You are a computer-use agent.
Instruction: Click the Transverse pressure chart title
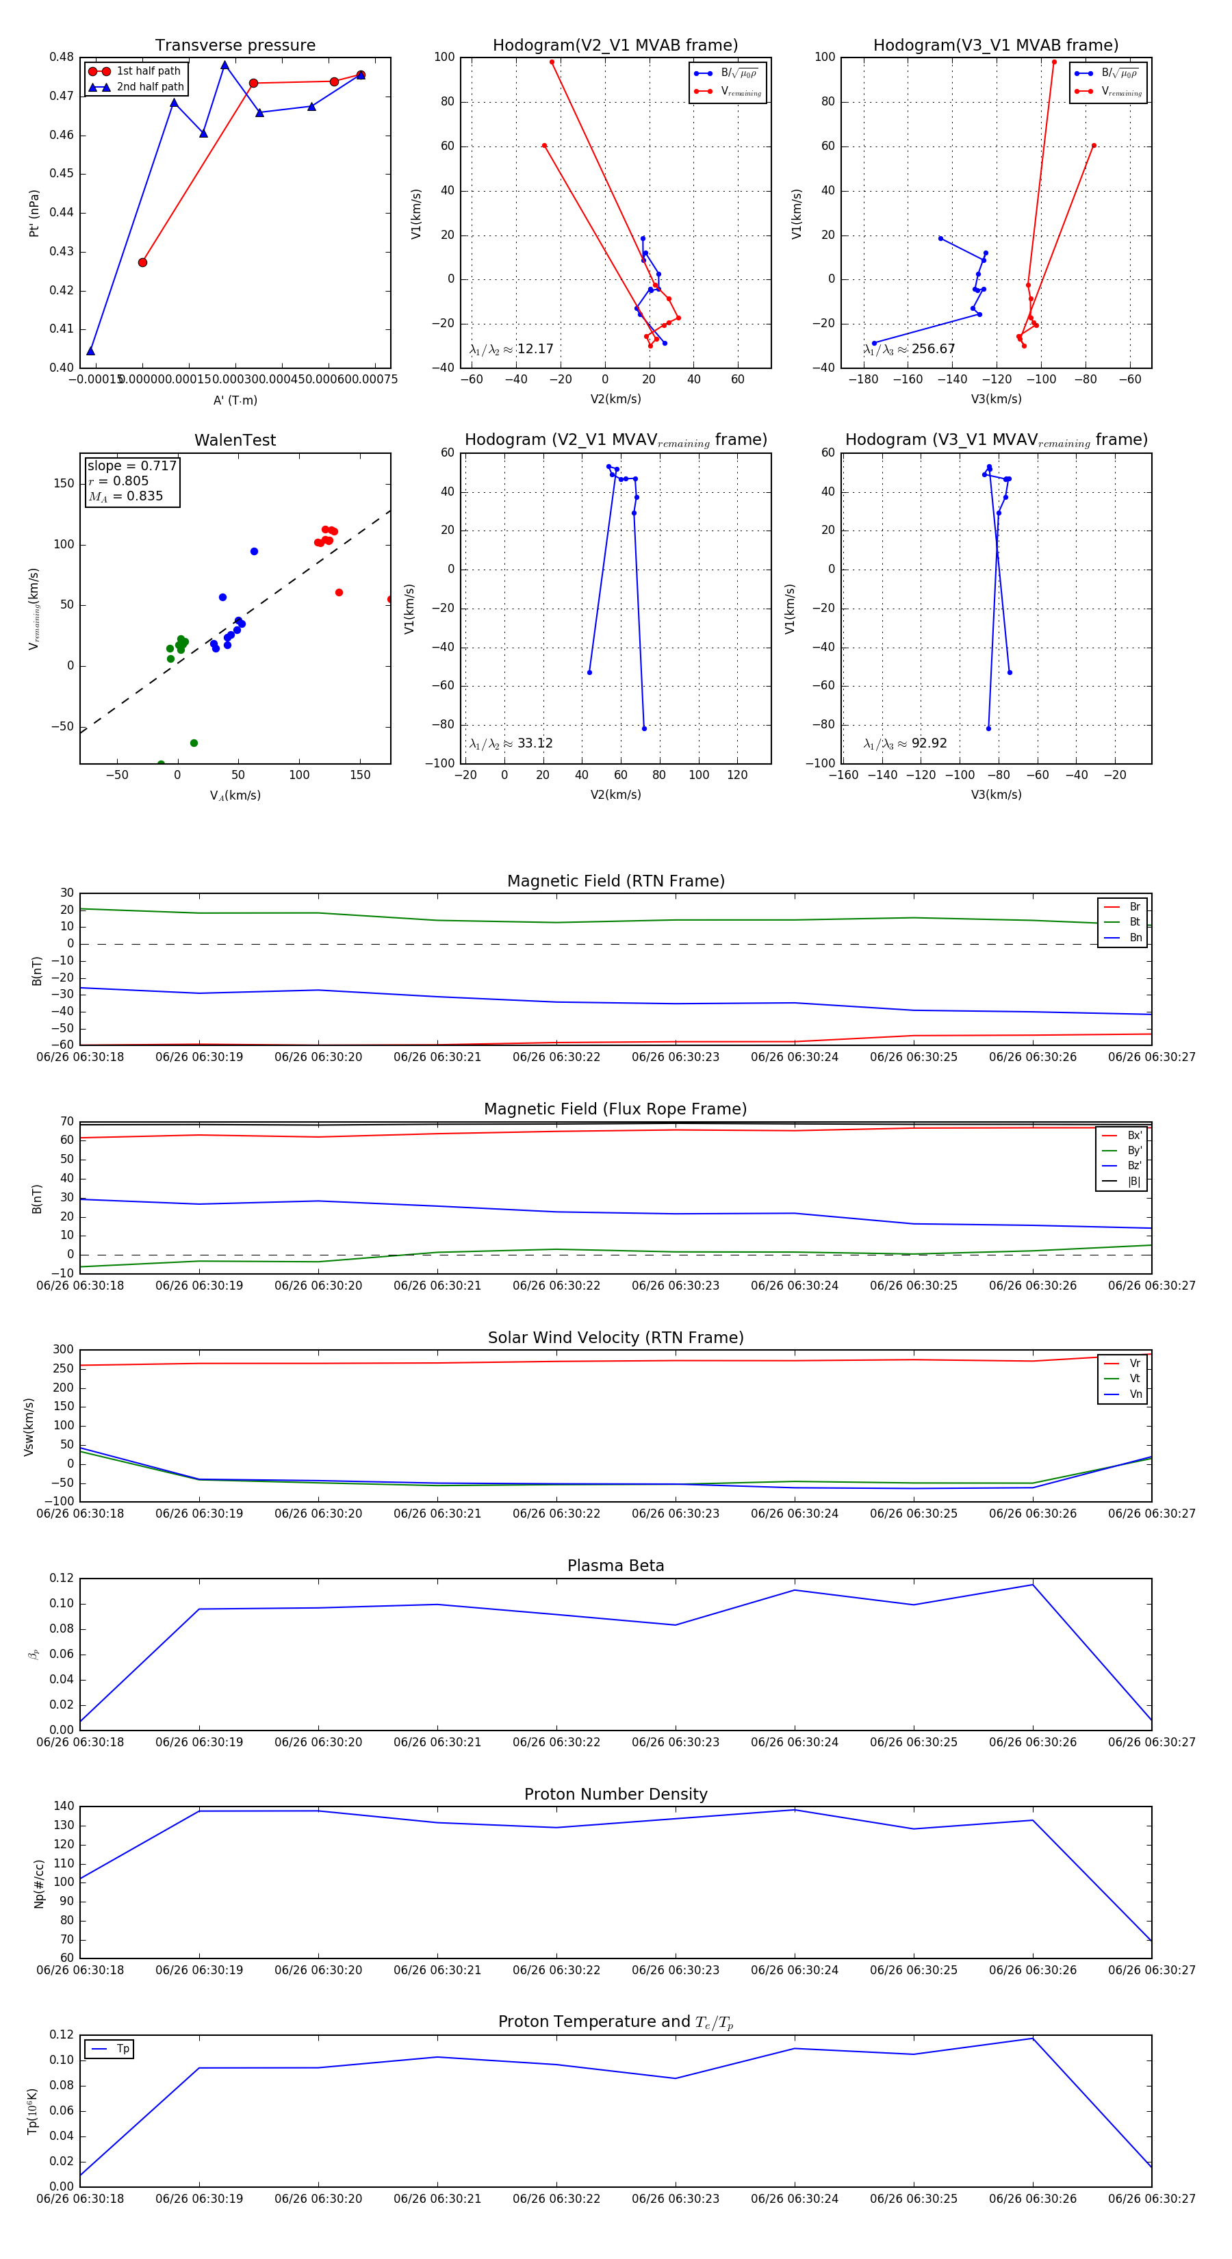tap(235, 46)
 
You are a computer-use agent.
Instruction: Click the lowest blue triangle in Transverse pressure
tap(91, 350)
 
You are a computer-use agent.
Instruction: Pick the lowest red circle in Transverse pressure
tap(143, 262)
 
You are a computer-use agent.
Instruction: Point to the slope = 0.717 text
tap(131, 465)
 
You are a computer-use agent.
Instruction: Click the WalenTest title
tap(235, 440)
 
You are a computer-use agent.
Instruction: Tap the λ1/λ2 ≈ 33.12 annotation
tap(511, 743)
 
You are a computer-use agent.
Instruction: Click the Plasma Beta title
tap(615, 1566)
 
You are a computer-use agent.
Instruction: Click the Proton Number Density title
tap(615, 1794)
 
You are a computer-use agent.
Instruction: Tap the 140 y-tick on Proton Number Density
tap(64, 1806)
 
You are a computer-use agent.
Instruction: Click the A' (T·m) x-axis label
tap(235, 400)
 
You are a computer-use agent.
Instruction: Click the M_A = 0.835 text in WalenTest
tap(125, 496)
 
